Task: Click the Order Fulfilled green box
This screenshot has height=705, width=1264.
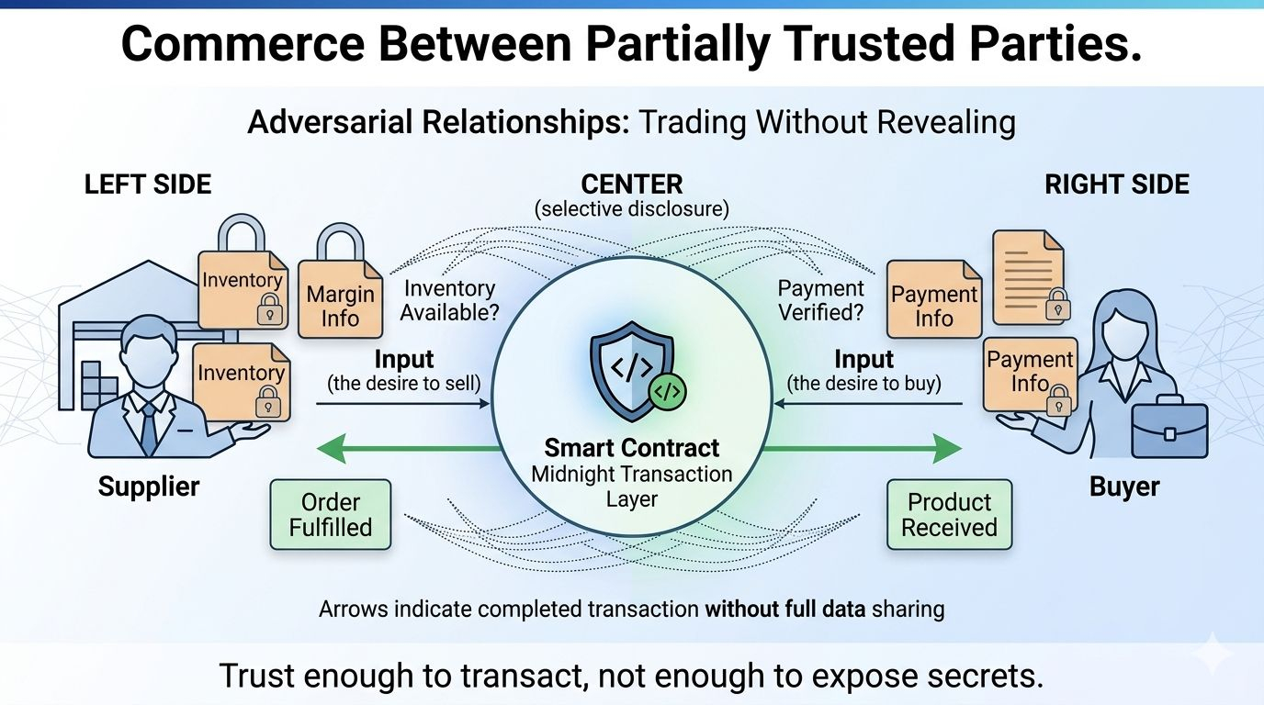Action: coord(331,514)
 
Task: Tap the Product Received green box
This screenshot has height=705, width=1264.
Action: coord(949,514)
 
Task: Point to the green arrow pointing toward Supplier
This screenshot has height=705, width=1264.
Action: coord(404,449)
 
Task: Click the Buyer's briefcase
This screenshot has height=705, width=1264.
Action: coord(1169,428)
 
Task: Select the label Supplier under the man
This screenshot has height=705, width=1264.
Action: coord(149,486)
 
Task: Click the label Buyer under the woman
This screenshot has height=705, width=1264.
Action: coord(1124,486)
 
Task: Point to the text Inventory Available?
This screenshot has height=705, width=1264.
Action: coord(449,300)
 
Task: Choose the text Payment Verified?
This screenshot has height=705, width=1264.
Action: coord(820,300)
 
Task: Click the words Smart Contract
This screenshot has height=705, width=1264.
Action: coord(632,448)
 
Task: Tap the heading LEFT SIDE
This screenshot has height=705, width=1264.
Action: coord(148,185)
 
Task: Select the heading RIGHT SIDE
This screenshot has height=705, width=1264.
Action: coord(1117,185)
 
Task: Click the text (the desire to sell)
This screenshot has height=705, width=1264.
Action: coord(404,383)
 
